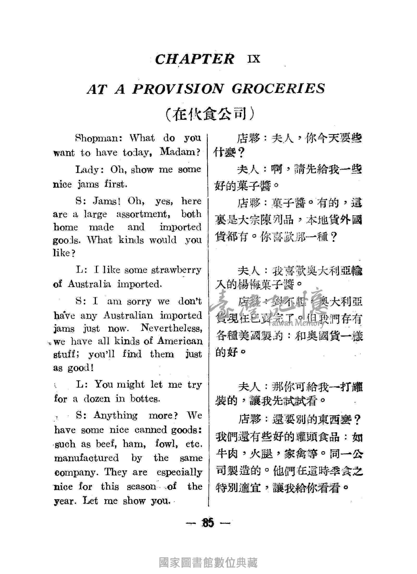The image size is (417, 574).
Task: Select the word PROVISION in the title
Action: pyautogui.click(x=177, y=89)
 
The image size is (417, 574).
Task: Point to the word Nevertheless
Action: pyautogui.click(x=171, y=328)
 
